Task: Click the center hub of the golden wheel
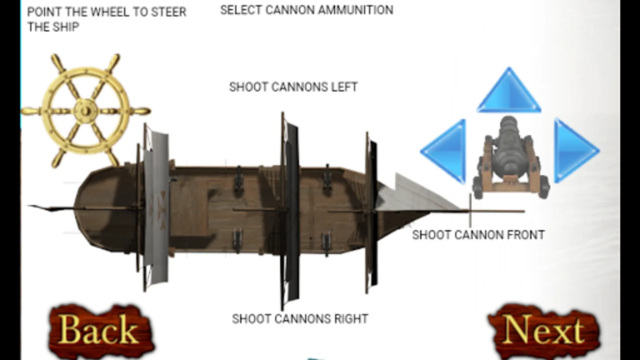(85, 110)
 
